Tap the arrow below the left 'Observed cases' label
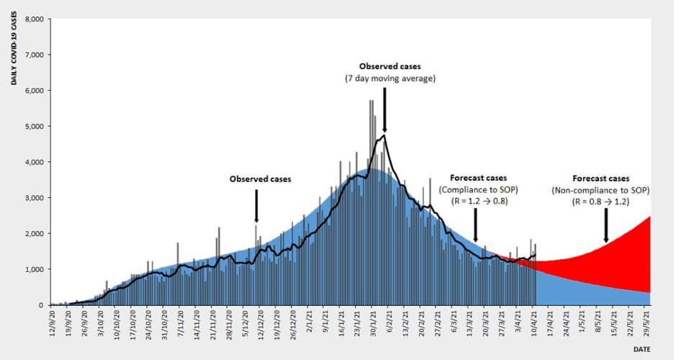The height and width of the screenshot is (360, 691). (x=256, y=210)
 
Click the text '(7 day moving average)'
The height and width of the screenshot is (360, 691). (x=389, y=78)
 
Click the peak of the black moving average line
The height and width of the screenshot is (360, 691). (x=385, y=135)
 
